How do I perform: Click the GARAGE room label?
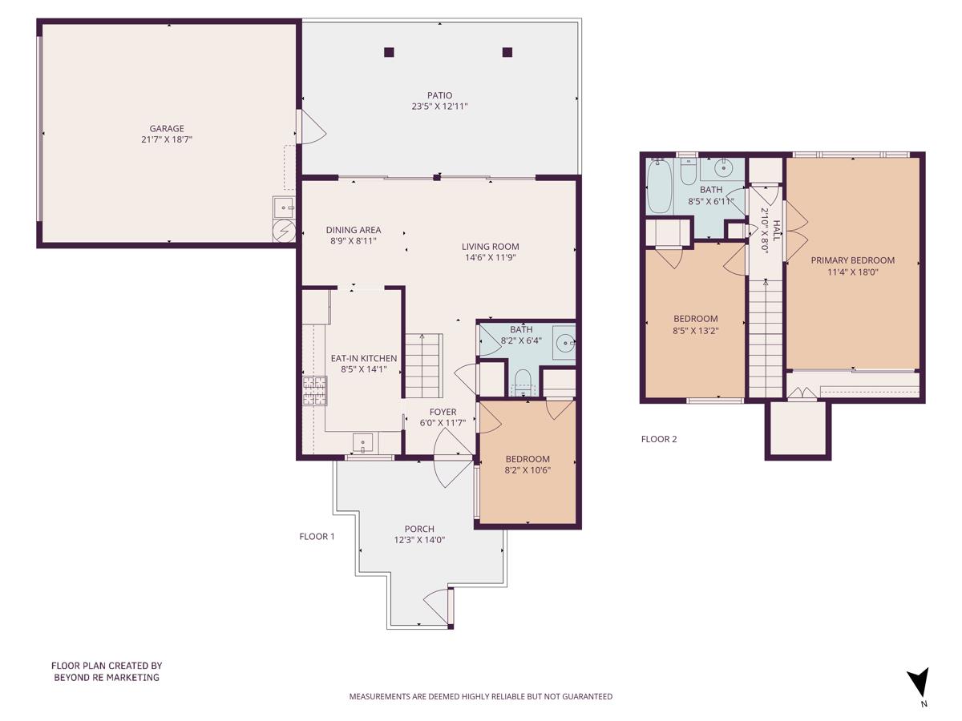[167, 128]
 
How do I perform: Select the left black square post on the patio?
[389, 53]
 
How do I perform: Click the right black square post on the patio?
[507, 53]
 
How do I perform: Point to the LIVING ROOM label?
[490, 247]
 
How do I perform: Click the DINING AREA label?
[353, 230]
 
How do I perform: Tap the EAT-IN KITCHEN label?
[363, 358]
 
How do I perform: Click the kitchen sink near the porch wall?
[363, 442]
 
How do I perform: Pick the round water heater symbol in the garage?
[283, 231]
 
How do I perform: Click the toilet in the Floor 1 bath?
[522, 380]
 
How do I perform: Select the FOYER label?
[443, 412]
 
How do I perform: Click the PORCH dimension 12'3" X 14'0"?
[419, 540]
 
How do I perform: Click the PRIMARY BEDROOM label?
[852, 260]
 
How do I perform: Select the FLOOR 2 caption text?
[659, 439]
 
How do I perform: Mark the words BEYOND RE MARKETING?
[107, 677]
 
